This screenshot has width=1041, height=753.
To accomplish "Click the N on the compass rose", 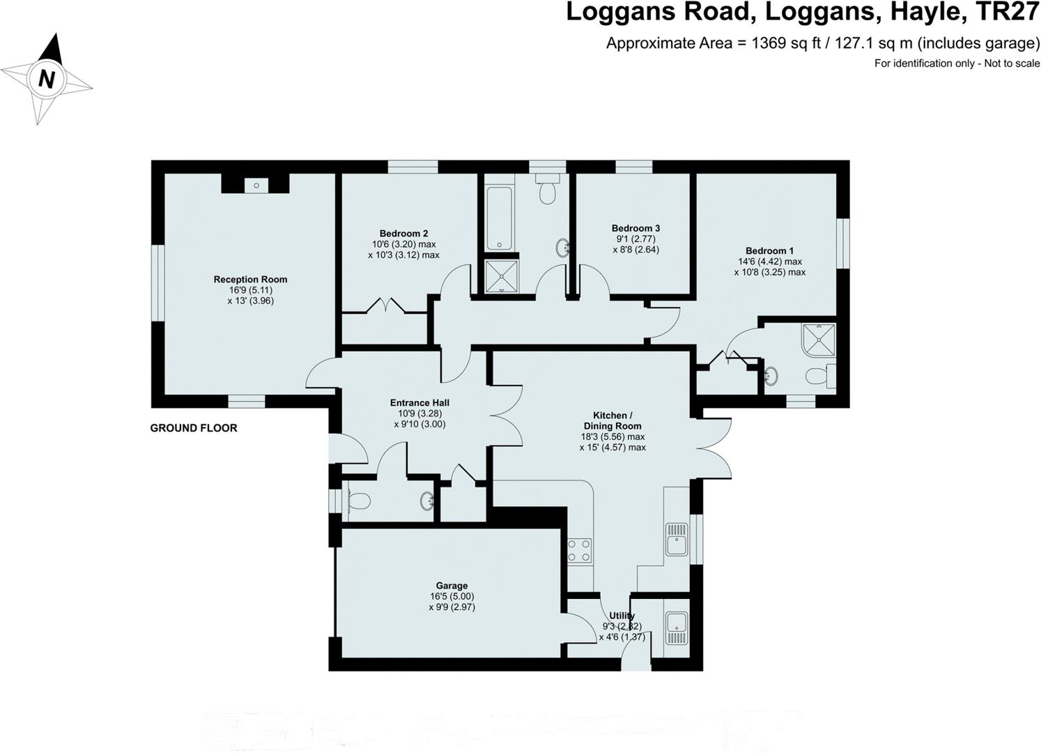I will tap(47, 79).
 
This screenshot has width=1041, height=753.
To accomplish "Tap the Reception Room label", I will tap(250, 280).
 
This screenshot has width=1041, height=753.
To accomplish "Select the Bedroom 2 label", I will tap(403, 234).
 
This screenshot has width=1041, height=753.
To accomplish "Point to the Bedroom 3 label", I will tap(635, 228).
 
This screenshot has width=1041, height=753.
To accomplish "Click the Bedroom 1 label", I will tap(769, 251).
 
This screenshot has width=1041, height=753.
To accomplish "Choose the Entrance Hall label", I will tap(419, 403).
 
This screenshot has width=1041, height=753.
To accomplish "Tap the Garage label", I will tap(452, 586).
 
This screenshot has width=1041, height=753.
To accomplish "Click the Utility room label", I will tap(622, 616).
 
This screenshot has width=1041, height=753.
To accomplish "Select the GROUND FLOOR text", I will tap(194, 428).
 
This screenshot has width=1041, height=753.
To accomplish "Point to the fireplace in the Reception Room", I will tap(256, 185).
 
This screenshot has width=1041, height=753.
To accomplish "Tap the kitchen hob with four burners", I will tap(580, 550).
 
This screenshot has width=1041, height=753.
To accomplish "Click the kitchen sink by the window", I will tap(676, 538).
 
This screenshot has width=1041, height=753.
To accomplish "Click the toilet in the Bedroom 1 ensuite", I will tap(819, 376).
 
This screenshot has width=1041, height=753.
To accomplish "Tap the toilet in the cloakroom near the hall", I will tap(357, 501).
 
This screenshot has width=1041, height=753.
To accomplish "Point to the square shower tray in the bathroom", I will tap(501, 275).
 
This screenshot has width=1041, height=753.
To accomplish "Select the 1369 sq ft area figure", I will tap(776, 43).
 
